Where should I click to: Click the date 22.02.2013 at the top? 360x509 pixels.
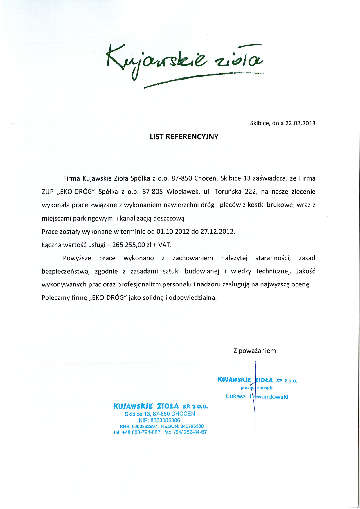[x=300, y=123]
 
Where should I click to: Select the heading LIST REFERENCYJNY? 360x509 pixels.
[x=184, y=137]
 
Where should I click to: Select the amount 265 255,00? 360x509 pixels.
[x=128, y=245]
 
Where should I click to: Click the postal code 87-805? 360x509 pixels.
[x=152, y=192]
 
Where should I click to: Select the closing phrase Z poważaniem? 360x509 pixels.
[x=255, y=351]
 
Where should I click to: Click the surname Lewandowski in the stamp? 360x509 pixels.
[x=269, y=397]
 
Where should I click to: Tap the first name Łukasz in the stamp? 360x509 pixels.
[x=236, y=396]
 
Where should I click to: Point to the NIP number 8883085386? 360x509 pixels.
[x=165, y=420]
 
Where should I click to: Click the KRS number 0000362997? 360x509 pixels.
[x=145, y=426]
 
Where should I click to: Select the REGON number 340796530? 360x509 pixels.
[x=192, y=426]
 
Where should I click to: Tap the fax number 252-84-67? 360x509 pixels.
[x=195, y=432]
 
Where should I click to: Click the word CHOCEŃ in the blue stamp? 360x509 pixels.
[x=183, y=414]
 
